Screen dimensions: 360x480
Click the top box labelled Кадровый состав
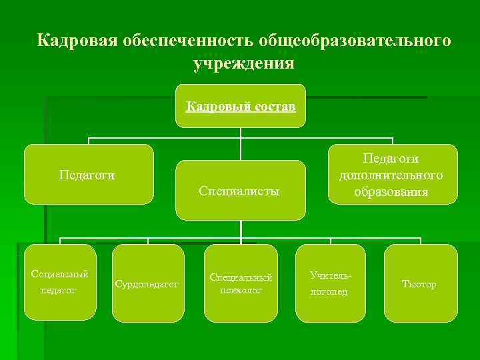241,106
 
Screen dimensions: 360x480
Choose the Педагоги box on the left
88,175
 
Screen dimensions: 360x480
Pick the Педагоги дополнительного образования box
391,175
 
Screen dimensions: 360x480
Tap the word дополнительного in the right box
391,175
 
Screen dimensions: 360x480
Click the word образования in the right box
391,192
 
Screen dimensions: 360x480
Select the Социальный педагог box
60,282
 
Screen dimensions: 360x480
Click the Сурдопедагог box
147,283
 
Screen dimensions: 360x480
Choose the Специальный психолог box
241,283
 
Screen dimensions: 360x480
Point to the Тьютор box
420,283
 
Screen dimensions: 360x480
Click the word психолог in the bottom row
241,290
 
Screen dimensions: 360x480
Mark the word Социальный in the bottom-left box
60,274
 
